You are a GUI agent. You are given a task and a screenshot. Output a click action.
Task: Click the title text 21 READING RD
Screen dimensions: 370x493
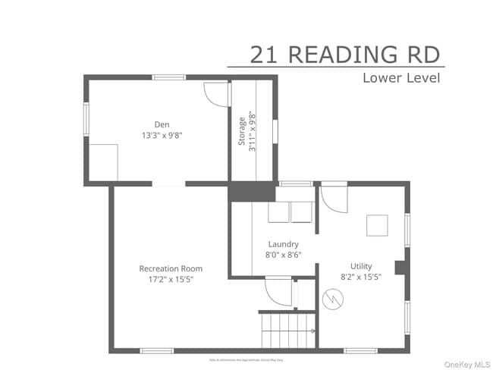point(346,54)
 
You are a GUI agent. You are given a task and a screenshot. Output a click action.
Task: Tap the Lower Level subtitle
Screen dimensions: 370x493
point(400,77)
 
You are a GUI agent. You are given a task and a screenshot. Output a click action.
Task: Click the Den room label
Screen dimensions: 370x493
point(162,124)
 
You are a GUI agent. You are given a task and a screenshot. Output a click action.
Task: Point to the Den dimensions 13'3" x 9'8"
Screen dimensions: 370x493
point(162,136)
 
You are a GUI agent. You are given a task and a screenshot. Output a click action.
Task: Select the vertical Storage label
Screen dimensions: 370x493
point(243,133)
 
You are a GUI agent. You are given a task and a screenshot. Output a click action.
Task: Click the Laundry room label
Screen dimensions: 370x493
point(283,244)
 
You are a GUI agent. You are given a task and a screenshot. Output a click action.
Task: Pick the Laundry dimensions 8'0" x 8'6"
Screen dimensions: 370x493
point(283,255)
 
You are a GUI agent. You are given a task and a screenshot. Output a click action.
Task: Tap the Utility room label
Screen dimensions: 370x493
point(361,266)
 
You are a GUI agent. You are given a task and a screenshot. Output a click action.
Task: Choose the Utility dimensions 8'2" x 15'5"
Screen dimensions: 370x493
point(361,277)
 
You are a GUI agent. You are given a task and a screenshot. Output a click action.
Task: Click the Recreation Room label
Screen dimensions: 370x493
point(171,268)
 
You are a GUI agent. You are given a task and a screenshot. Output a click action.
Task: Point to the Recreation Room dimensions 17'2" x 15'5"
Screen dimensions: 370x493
point(171,279)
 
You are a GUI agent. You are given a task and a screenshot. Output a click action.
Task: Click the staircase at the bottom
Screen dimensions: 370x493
point(287,331)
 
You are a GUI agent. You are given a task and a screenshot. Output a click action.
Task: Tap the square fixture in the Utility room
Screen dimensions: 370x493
point(377,226)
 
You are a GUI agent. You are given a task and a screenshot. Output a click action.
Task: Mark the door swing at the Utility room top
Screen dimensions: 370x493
point(334,198)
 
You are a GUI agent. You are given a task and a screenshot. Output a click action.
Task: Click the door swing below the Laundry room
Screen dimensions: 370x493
point(278,293)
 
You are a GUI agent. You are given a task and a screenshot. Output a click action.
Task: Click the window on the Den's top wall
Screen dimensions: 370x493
point(168,77)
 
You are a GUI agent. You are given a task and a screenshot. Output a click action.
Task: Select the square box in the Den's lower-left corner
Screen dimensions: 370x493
point(103,161)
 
